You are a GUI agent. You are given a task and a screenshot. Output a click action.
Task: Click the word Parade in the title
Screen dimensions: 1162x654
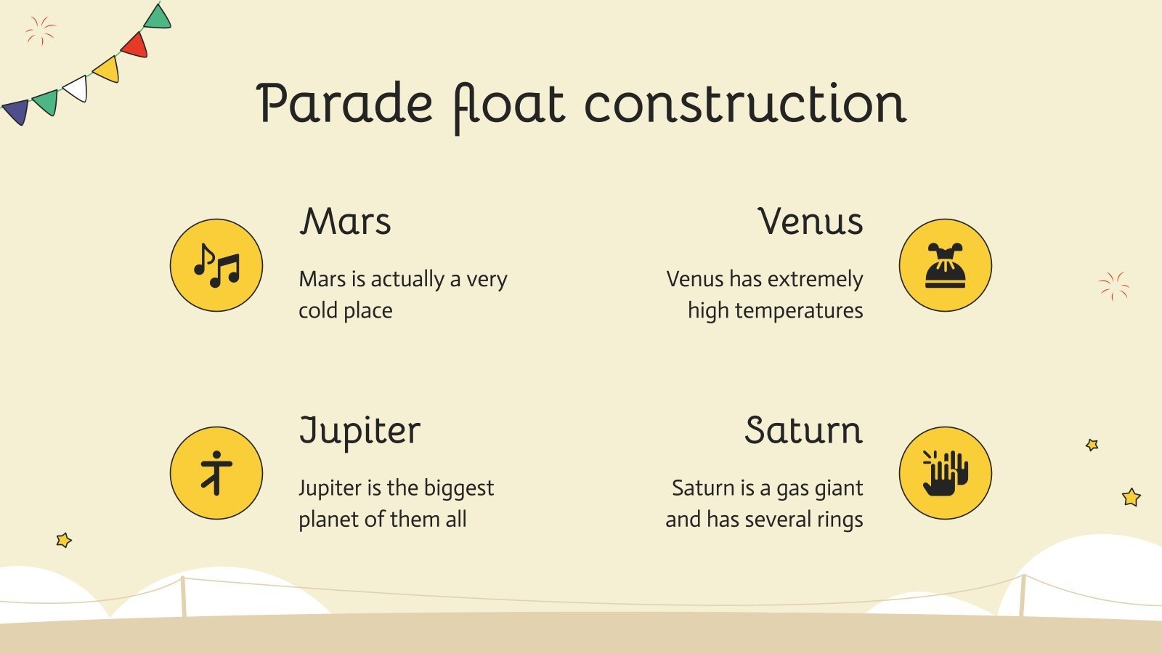344,103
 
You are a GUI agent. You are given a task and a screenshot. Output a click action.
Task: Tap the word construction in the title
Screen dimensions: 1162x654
745,103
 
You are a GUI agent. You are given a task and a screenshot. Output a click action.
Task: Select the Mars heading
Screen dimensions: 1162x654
345,222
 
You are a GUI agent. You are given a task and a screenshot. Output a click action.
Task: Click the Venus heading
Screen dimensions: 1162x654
810,222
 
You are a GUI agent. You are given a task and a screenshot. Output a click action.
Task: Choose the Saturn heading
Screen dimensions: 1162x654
803,430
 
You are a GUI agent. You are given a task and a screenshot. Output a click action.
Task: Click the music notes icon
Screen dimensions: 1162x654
216,265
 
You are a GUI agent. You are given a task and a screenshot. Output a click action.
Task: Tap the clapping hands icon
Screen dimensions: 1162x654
945,473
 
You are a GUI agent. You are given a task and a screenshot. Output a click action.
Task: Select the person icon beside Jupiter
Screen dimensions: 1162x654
216,473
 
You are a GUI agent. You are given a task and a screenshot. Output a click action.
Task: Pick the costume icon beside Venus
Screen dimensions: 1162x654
945,265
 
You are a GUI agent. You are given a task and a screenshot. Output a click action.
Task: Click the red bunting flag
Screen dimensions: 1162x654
135,45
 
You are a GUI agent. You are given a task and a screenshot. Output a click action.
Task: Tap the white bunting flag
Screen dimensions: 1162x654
76,88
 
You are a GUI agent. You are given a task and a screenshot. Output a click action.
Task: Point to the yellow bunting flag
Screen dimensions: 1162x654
107,68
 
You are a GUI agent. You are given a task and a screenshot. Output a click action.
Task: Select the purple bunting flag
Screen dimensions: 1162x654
17,112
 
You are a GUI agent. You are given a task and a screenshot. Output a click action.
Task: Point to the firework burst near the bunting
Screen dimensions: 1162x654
41,31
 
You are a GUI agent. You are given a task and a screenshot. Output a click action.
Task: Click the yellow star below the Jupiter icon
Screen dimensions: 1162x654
64,541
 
